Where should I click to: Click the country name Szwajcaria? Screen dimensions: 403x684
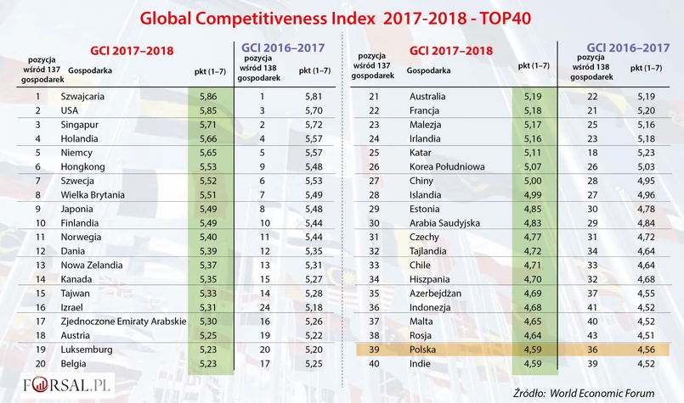coord(83,97)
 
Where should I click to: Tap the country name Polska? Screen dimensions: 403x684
coord(423,349)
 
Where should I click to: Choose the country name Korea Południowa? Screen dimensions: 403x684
coord(447,167)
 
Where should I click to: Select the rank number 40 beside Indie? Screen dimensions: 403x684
coord(374,363)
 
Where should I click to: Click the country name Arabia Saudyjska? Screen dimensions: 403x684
coord(444,223)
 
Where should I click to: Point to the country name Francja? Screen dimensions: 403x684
coord(426,110)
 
